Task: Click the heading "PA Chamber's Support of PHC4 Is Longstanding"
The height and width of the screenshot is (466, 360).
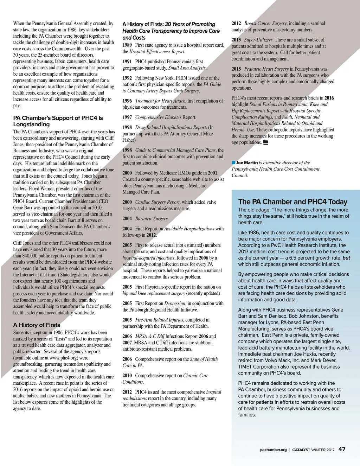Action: point(58,121)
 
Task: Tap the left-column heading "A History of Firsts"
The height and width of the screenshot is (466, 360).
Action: point(37,325)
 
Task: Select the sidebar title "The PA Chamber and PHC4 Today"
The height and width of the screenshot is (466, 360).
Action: point(292,202)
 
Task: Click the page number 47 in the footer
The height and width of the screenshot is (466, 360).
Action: point(342,449)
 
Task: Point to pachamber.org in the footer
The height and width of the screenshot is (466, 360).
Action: point(273,450)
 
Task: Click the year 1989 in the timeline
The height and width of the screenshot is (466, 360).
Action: point(127,45)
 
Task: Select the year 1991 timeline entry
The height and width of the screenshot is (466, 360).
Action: point(127,62)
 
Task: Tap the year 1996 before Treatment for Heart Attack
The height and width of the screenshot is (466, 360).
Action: point(127,101)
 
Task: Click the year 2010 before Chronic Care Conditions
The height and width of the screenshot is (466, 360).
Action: point(127,376)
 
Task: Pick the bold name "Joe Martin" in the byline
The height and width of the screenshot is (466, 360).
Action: point(247,163)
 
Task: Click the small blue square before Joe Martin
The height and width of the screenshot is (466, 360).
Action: point(233,162)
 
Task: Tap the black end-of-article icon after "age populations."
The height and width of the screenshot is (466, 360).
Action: point(265,142)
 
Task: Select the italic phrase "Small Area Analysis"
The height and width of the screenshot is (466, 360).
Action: point(187,68)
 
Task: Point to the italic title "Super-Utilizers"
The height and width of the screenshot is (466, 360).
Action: point(258,40)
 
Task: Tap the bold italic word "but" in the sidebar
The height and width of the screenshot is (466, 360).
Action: point(346,258)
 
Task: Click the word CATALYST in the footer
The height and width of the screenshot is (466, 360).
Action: point(301,450)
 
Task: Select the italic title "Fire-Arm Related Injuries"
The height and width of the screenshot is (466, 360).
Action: point(159,320)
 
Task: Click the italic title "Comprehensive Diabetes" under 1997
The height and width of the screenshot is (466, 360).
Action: point(158,117)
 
